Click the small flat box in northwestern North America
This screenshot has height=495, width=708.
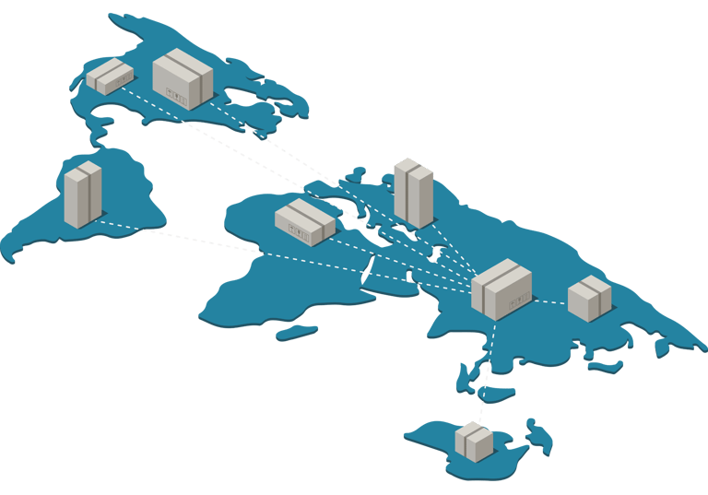click(x=110, y=77)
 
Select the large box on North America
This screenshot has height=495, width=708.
click(x=183, y=79)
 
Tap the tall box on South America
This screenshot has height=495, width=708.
click(x=82, y=194)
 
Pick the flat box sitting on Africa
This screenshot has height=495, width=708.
click(x=304, y=222)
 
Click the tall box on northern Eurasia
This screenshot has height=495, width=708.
click(x=413, y=193)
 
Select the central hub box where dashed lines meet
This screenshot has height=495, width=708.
click(x=501, y=289)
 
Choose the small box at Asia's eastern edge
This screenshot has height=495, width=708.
click(x=589, y=298)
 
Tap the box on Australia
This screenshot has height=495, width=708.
click(x=474, y=442)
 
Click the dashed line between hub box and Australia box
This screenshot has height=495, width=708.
click(x=486, y=369)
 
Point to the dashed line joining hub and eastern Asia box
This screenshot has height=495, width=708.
click(x=550, y=301)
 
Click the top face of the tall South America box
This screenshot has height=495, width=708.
click(x=83, y=168)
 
